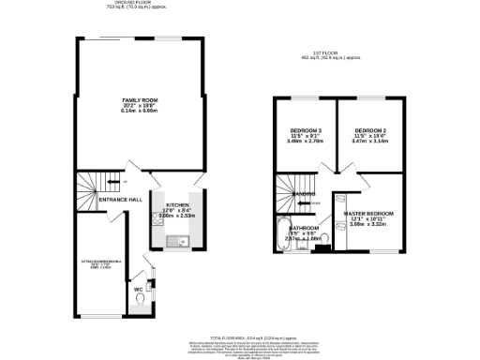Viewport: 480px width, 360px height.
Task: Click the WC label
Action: [x=138, y=288]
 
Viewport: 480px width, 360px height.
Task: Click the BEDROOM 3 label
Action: [x=307, y=129]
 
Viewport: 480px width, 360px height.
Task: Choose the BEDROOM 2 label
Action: [x=370, y=129]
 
